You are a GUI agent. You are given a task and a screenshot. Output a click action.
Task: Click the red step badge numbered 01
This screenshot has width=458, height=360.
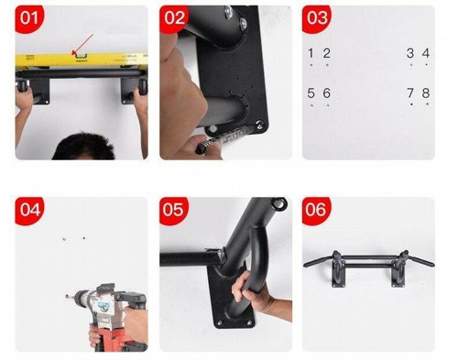pos(29,18)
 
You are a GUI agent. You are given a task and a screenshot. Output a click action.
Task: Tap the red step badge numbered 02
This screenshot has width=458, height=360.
pos(174,18)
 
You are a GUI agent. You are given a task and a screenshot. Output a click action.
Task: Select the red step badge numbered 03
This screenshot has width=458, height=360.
pos(317,18)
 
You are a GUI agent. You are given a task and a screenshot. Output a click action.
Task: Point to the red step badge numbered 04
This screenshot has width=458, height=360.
pos(29,210)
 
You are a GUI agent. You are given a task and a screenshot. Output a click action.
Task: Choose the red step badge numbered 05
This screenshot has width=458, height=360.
pos(173,210)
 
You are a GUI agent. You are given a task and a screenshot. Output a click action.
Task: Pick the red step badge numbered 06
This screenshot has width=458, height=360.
pos(316,210)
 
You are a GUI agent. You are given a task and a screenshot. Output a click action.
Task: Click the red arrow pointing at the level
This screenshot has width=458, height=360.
pos(82,45)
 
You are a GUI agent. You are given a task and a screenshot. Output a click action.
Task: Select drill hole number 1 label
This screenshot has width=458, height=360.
pos(311,53)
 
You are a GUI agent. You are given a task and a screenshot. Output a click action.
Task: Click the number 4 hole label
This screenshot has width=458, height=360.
pos(426,53)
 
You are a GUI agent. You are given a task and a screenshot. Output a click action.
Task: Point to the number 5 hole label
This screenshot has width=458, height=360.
pos(311,93)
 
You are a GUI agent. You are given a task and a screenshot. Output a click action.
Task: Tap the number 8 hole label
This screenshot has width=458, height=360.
pos(426,93)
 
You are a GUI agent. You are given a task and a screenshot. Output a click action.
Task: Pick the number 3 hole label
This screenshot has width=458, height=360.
pos(410,53)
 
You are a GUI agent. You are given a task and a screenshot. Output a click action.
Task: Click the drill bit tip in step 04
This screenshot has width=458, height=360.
pos(66,296)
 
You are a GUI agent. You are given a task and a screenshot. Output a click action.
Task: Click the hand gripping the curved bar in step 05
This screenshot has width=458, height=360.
pos(249,290)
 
